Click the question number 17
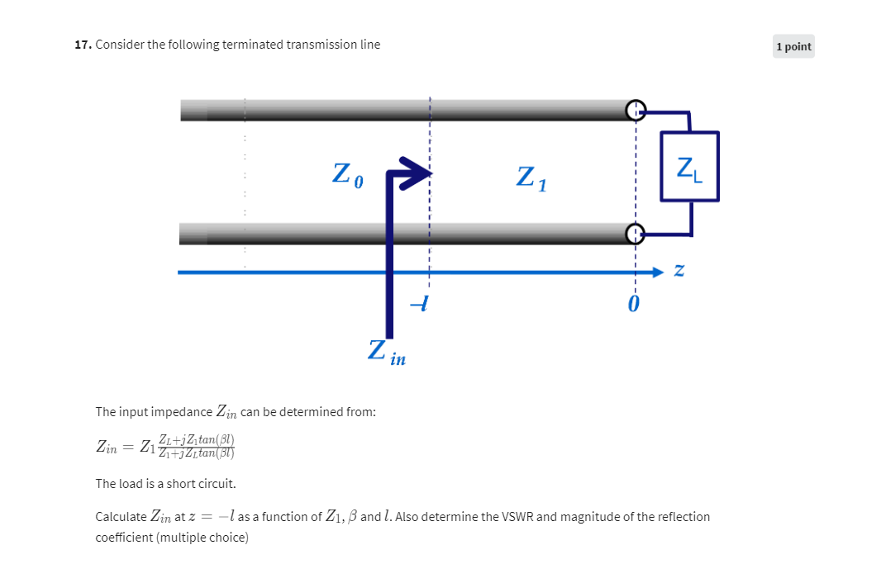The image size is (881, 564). [x=82, y=45]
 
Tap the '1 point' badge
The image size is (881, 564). [x=793, y=47]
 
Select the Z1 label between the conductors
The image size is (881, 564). [x=531, y=178]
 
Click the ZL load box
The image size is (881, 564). [x=689, y=167]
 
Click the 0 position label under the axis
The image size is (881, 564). [x=633, y=305]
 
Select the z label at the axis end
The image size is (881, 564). [x=679, y=270]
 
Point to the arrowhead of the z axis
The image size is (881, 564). [x=658, y=271]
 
